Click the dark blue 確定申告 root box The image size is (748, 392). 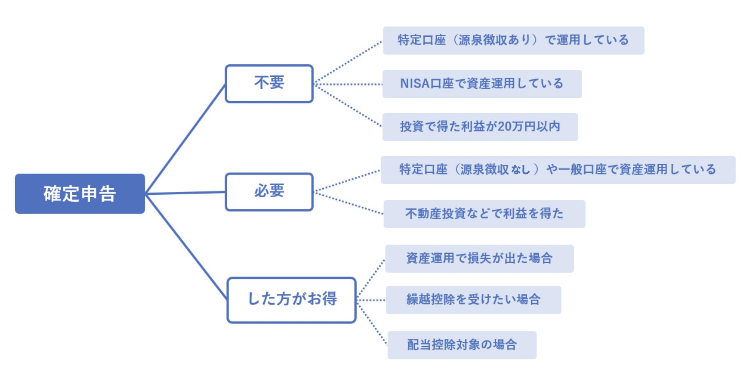(80, 194)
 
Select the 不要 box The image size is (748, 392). (269, 83)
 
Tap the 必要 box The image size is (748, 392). (269, 192)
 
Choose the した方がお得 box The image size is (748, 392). (291, 300)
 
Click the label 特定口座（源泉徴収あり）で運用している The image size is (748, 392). (513, 40)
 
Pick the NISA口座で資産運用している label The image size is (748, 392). (482, 84)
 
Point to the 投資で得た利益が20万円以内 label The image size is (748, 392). (480, 127)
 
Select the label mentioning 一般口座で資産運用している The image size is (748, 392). (557, 170)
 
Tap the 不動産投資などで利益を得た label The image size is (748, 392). (484, 214)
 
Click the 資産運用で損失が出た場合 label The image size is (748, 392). (479, 259)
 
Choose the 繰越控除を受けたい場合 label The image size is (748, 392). (473, 300)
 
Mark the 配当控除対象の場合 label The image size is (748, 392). (462, 345)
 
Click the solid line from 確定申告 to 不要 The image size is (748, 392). (185, 139)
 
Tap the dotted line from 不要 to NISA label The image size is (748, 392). (348, 84)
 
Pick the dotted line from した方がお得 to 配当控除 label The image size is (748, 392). (372, 323)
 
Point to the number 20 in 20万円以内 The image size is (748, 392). (505, 127)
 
